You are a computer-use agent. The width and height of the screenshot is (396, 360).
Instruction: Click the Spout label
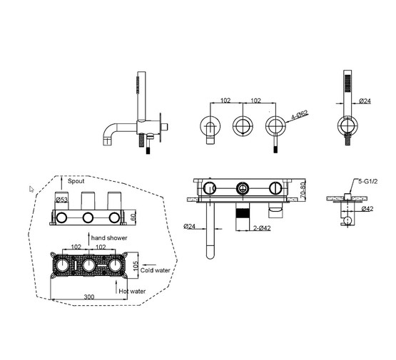click(76, 181)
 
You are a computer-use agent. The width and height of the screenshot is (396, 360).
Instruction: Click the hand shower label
click(109, 238)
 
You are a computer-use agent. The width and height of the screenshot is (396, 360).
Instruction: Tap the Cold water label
click(156, 270)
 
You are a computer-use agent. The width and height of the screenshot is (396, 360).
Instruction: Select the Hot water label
click(132, 292)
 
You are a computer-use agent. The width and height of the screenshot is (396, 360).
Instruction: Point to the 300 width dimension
click(89, 297)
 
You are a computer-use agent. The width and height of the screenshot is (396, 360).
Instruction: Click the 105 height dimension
click(136, 266)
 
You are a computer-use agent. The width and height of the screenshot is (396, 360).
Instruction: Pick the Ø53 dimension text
click(61, 200)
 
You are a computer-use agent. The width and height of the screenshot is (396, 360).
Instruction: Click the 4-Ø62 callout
click(300, 115)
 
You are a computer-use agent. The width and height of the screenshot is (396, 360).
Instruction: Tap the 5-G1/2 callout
click(368, 181)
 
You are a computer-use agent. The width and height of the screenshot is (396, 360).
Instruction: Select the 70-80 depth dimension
click(303, 189)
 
